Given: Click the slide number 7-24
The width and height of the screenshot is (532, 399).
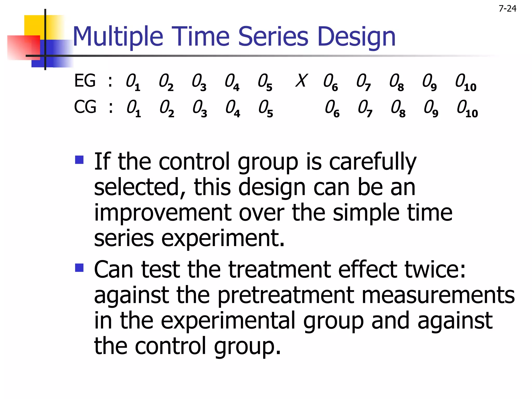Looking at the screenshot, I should pyautogui.click(x=507, y=9).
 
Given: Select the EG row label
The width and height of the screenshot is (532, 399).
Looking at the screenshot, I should pyautogui.click(x=85, y=81).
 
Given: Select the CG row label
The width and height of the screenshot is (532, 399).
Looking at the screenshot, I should pyautogui.click(x=85, y=107).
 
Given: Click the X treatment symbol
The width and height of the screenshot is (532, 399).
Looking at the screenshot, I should pyautogui.click(x=302, y=81).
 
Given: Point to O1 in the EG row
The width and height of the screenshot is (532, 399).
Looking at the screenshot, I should pyautogui.click(x=133, y=82).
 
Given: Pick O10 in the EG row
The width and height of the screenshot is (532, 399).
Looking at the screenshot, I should pyautogui.click(x=465, y=82).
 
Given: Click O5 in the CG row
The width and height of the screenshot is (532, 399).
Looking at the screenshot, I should pyautogui.click(x=265, y=109).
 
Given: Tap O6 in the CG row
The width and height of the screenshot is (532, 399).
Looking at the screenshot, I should pyautogui.click(x=332, y=109).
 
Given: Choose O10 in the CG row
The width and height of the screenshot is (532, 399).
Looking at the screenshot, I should pyautogui.click(x=467, y=109).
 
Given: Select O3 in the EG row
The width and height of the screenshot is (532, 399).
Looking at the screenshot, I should pyautogui.click(x=199, y=82).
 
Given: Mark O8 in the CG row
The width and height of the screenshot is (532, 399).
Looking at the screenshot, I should pyautogui.click(x=398, y=109).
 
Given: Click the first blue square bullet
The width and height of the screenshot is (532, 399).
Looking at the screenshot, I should pyautogui.click(x=79, y=160).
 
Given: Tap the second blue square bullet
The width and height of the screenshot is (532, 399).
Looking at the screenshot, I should pyautogui.click(x=79, y=268).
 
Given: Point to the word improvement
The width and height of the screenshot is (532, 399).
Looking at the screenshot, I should pyautogui.click(x=163, y=212).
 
